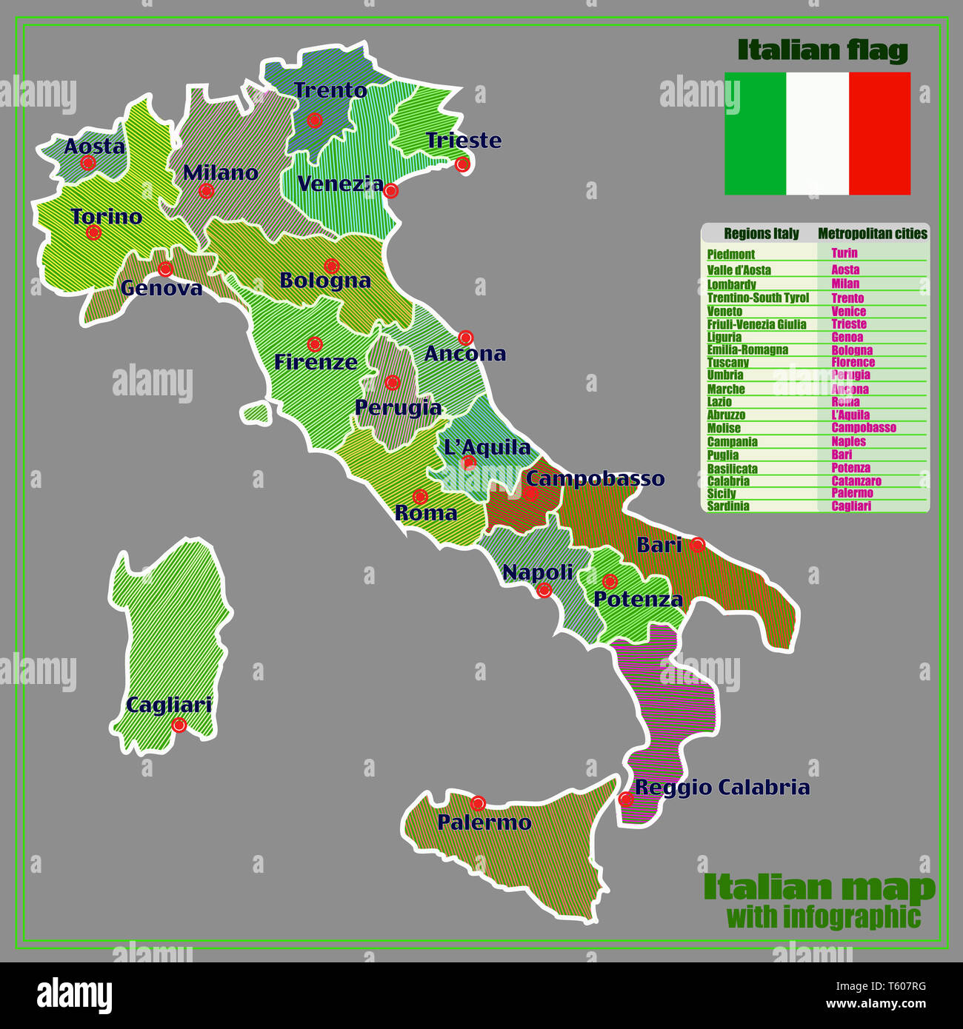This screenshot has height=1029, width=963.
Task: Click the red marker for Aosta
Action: point(88,163)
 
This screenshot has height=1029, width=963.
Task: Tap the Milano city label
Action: point(220,173)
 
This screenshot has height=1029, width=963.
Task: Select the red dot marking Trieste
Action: point(462,164)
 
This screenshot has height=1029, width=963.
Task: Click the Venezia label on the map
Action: point(340,184)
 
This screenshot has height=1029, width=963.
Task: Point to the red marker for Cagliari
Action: point(179,725)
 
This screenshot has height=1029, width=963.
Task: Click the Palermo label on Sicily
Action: point(484,822)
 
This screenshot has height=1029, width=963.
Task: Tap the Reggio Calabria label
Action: point(722,788)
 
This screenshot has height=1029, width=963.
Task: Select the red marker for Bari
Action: point(697,546)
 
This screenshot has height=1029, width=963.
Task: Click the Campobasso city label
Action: point(595,479)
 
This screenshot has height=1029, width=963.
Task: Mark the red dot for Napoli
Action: point(544,590)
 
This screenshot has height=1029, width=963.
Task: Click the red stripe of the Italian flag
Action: point(879,133)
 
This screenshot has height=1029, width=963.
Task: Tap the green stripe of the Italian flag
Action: point(755,133)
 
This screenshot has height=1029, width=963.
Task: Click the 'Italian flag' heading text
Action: point(822,50)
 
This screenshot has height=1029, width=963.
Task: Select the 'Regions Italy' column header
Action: point(761,234)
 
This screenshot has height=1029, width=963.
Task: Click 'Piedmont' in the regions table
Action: point(730,255)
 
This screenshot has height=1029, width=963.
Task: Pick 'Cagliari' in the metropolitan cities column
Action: point(851,506)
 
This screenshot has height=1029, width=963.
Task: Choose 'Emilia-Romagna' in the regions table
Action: point(747,350)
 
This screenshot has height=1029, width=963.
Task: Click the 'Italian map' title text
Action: point(819,887)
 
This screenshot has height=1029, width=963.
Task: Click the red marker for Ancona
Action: point(465,338)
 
